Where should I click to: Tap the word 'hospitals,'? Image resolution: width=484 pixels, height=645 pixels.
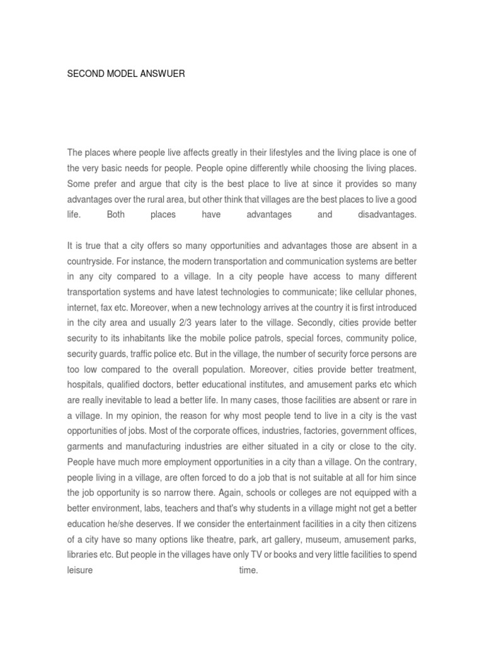[x=86, y=384]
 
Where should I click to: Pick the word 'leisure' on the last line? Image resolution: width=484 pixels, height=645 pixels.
[x=80, y=570]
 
